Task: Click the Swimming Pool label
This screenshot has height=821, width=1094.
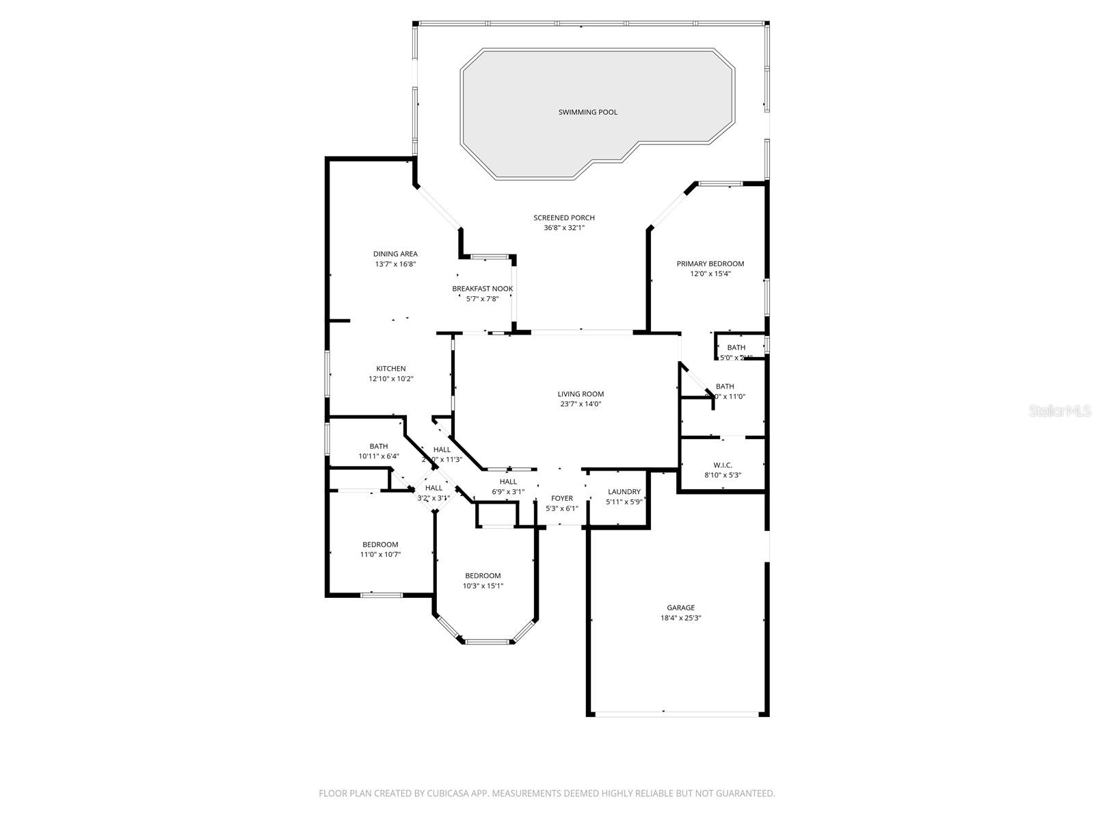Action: click(587, 112)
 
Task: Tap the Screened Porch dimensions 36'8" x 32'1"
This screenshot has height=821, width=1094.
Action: click(564, 228)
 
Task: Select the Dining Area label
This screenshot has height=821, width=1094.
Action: click(395, 254)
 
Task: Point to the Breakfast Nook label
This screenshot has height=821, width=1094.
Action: click(482, 289)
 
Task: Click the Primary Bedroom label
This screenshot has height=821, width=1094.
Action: click(710, 263)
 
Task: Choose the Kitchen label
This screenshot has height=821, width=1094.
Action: click(391, 369)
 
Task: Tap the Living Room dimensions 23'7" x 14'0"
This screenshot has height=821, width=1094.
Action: click(581, 404)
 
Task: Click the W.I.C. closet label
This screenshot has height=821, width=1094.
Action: click(723, 465)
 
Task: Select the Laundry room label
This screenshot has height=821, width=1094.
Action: click(624, 492)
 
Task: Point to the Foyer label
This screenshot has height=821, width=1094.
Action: click(562, 499)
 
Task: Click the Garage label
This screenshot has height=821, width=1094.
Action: click(681, 608)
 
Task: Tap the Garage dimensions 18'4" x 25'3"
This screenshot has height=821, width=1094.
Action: click(681, 618)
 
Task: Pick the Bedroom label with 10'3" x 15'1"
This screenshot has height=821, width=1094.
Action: click(483, 576)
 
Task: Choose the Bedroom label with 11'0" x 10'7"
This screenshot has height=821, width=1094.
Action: click(380, 545)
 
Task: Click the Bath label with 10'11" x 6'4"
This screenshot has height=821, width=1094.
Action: click(379, 446)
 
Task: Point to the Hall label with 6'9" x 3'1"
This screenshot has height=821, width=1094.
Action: click(508, 482)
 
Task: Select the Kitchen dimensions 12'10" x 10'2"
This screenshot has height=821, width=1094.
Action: click(391, 378)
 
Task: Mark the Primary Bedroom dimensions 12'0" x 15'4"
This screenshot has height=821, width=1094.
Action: click(710, 274)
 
